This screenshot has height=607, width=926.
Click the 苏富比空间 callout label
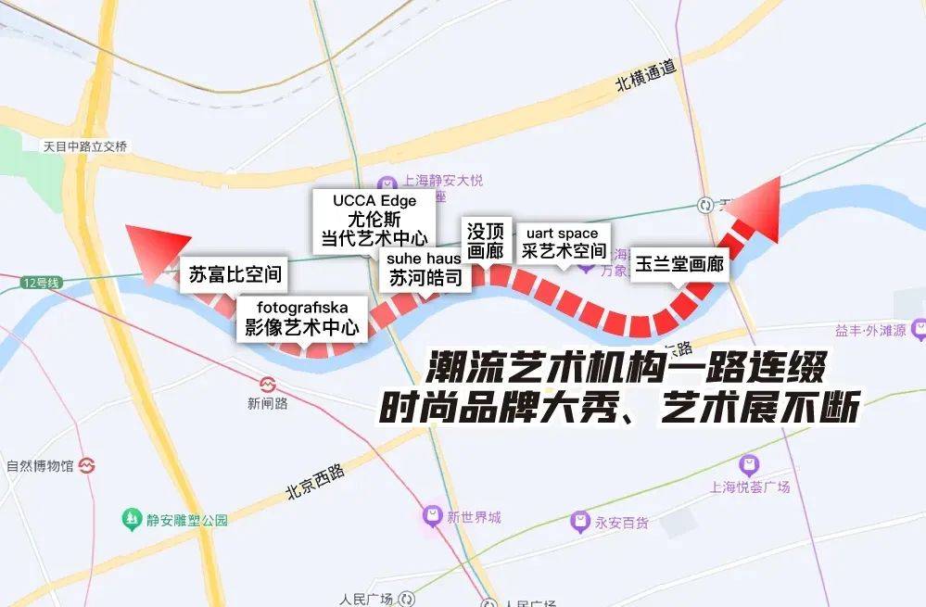click(235, 274)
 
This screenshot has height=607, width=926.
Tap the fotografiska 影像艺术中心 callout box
click(301, 318)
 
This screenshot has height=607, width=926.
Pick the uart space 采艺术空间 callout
click(563, 242)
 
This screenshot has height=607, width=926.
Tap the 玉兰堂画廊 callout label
click(679, 264)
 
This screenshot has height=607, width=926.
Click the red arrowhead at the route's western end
click(148, 250)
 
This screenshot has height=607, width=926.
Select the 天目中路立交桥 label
click(85, 146)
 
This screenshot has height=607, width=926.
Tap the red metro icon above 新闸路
click(268, 384)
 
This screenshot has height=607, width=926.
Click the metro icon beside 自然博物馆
click(88, 464)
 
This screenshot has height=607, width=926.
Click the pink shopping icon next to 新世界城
click(432, 515)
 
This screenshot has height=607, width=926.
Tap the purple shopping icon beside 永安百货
click(581, 521)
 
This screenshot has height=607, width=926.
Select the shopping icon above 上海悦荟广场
click(749, 465)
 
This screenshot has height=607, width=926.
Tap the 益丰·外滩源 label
click(869, 331)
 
